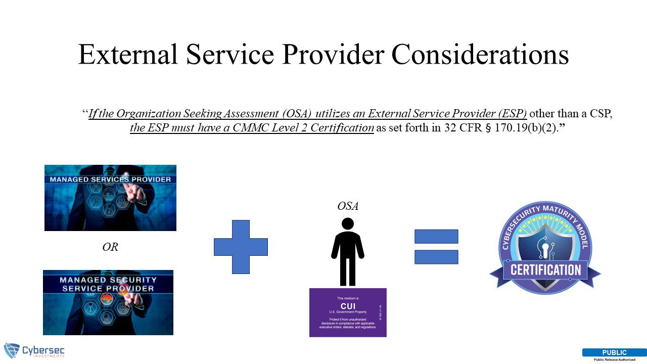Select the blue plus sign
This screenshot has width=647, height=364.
click(x=241, y=247)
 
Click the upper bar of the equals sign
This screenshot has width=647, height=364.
click(x=436, y=237)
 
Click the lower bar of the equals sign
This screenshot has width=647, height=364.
click(x=436, y=257)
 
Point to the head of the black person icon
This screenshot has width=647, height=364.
click(x=348, y=223)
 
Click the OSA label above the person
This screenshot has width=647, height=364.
click(x=348, y=206)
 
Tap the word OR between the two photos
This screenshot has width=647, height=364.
click(x=110, y=248)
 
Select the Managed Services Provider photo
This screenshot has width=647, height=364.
click(x=110, y=198)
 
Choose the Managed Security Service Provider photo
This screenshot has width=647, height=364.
click(x=108, y=302)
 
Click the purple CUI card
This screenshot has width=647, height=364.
click(x=348, y=312)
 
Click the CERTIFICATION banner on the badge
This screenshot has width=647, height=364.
click(x=545, y=269)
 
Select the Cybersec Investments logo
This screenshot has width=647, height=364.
click(x=34, y=351)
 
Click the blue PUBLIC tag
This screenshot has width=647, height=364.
click(x=614, y=352)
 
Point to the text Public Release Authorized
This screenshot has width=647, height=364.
click(x=614, y=359)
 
